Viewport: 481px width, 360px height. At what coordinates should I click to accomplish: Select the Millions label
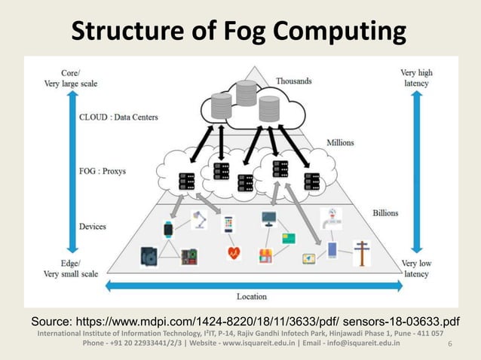pyautogui.click(x=340, y=142)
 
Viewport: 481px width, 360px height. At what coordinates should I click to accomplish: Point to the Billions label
pyautogui.click(x=385, y=213)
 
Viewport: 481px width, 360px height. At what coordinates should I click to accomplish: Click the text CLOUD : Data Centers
pyautogui.click(x=119, y=117)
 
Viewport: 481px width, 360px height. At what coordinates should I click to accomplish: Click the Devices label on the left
pyautogui.click(x=94, y=226)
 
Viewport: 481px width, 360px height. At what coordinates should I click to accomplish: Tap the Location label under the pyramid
pyautogui.click(x=252, y=296)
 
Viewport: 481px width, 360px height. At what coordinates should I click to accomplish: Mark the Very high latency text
pyautogui.click(x=415, y=78)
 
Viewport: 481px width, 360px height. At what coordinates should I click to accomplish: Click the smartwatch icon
pyautogui.click(x=168, y=228)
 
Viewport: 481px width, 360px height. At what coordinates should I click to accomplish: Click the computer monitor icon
pyautogui.click(x=269, y=219)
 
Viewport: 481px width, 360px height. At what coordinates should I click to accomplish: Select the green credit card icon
pyautogui.click(x=288, y=238)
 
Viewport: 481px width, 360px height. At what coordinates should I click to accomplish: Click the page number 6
pyautogui.click(x=449, y=344)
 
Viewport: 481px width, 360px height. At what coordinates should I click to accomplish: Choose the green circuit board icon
pyautogui.click(x=188, y=256)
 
